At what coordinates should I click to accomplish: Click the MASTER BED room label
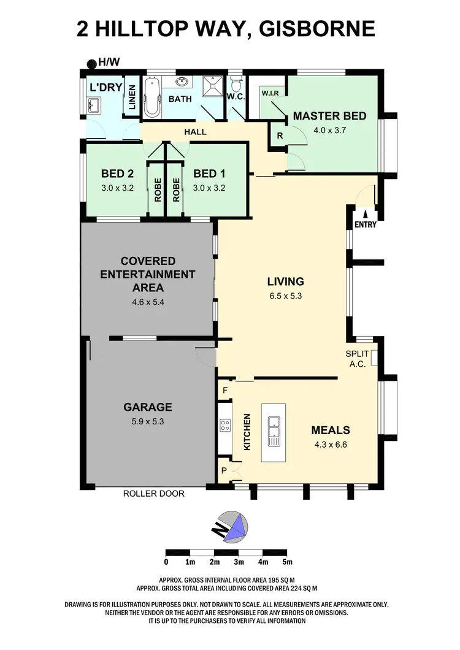click(329, 116)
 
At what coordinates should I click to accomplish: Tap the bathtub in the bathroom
click(153, 97)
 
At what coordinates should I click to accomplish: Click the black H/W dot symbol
click(91, 62)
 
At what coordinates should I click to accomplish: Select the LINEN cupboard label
click(131, 97)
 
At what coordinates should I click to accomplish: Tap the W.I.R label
click(270, 93)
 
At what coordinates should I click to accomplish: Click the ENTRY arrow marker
click(366, 214)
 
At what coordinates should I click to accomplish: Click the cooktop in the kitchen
click(224, 425)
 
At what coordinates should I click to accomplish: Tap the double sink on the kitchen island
click(273, 431)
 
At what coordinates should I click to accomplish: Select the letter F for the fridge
click(225, 390)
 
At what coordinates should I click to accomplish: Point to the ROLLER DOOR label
click(153, 493)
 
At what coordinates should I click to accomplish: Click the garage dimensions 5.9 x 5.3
click(147, 421)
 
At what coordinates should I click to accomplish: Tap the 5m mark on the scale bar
click(287, 562)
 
